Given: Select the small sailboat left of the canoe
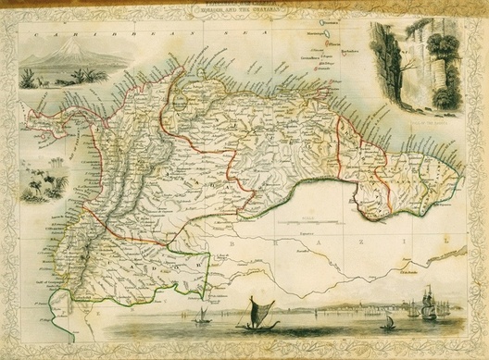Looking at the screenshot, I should (x=203, y=317).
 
